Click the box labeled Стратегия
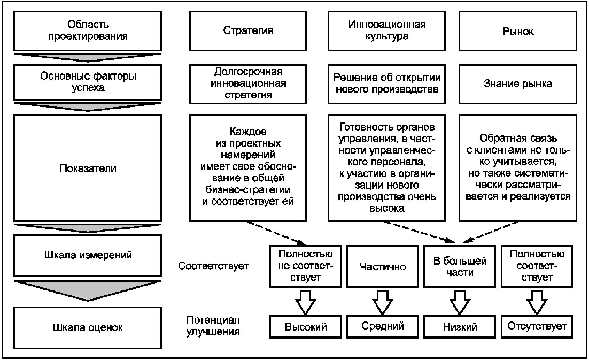click(x=247, y=31)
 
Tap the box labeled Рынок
click(x=518, y=31)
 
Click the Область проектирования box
click(x=88, y=31)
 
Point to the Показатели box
click(x=88, y=168)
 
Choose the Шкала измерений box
click(x=88, y=255)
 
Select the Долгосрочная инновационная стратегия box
click(x=247, y=82)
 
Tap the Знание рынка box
click(x=518, y=83)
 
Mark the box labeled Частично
click(x=382, y=266)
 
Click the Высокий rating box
click(x=305, y=326)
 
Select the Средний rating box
click(x=382, y=326)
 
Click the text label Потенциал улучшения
click(x=213, y=326)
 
